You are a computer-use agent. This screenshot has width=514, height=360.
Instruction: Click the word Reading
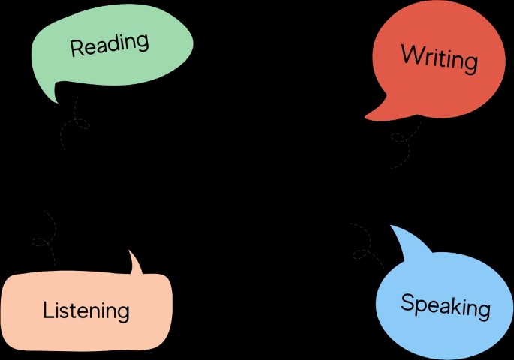click(x=110, y=45)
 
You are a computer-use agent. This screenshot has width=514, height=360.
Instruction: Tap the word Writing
click(x=439, y=58)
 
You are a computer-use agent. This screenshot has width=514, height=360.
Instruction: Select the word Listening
click(x=86, y=309)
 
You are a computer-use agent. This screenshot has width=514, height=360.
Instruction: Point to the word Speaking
click(x=445, y=305)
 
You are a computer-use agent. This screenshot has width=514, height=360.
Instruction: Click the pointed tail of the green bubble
click(x=53, y=97)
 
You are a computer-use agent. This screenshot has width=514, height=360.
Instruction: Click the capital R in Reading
click(x=77, y=49)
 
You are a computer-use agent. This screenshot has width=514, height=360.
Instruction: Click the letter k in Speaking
click(x=455, y=305)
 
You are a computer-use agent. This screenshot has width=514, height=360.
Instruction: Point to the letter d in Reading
click(x=113, y=43)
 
